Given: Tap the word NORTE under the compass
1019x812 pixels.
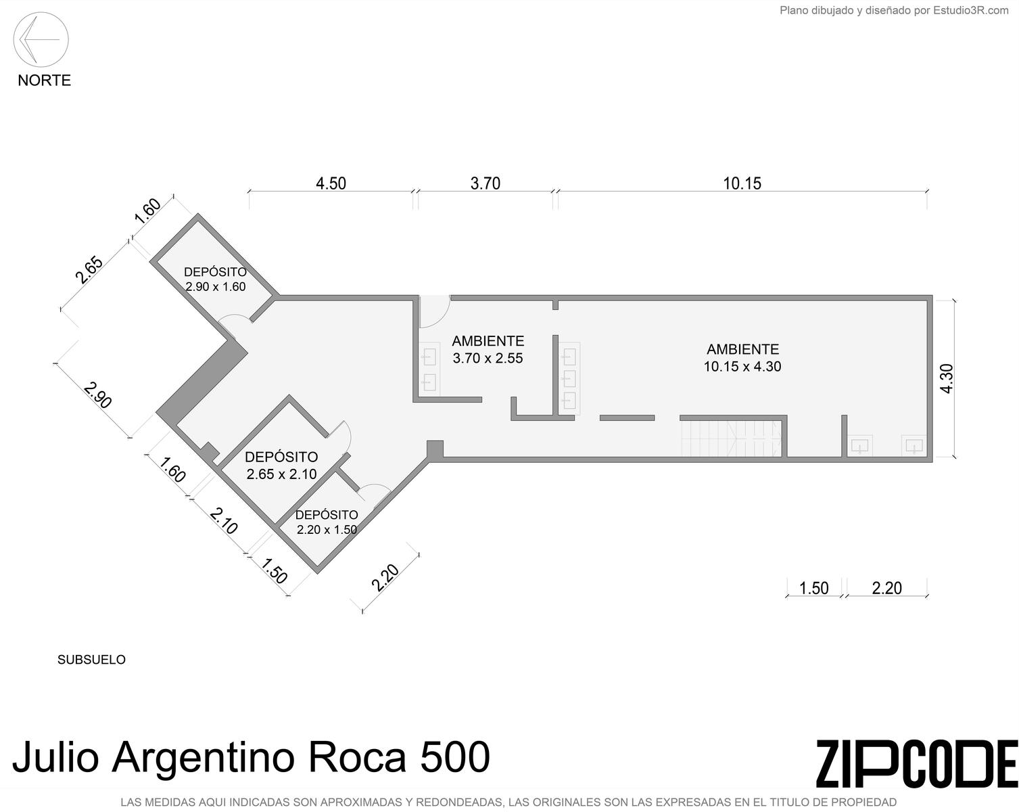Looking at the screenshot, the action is [45, 81].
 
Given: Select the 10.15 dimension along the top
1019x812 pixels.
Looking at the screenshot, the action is [742, 183].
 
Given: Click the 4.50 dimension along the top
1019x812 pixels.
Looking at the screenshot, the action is [331, 183].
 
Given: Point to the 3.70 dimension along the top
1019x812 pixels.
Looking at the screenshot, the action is [485, 183].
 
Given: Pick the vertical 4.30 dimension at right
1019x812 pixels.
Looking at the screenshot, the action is [947, 378].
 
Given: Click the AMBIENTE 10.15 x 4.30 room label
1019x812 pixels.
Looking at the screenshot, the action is [742, 358].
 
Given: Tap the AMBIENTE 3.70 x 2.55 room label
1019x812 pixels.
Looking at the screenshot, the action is [488, 349].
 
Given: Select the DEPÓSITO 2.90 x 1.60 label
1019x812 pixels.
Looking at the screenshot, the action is [216, 279].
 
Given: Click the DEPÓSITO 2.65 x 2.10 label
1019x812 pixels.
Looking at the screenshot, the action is [281, 465].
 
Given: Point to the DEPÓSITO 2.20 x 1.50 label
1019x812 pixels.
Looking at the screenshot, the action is [327, 522].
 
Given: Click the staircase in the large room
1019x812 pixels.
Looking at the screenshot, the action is [731, 438].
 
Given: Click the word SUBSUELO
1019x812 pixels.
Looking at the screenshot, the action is [91, 659].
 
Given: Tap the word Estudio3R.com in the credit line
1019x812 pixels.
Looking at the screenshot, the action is [971, 10].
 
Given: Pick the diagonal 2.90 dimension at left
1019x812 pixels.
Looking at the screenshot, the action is [97, 395].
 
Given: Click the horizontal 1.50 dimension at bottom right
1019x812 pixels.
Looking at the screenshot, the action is [814, 588].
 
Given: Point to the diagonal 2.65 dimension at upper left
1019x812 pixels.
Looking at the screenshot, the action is [89, 270].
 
